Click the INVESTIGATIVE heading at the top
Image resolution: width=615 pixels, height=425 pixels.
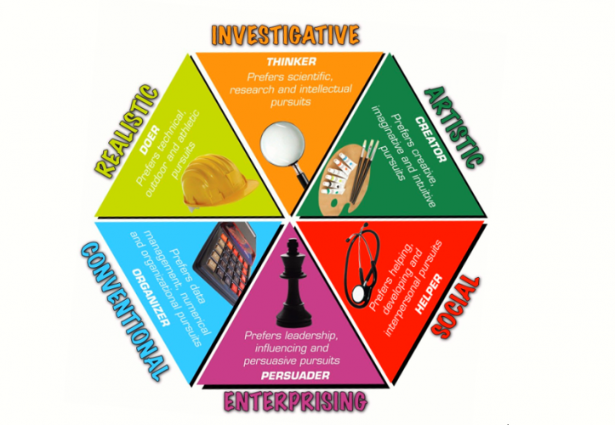(x=285, y=34)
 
